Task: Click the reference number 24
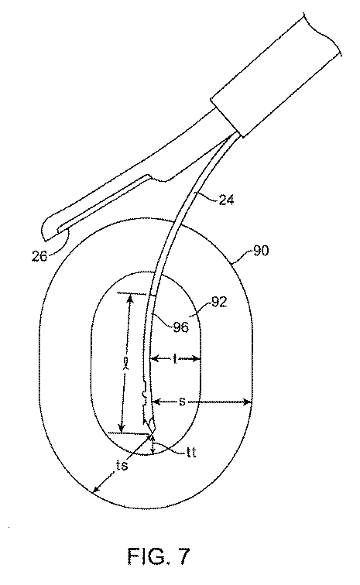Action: pyautogui.click(x=227, y=200)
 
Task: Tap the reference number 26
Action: pyautogui.click(x=39, y=256)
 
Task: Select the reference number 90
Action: pyautogui.click(x=261, y=251)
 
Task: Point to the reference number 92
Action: pyautogui.click(x=219, y=302)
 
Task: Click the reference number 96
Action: pyautogui.click(x=180, y=327)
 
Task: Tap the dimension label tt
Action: pyautogui.click(x=191, y=453)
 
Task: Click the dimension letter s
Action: pyautogui.click(x=182, y=402)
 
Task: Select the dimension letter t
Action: pyautogui.click(x=175, y=359)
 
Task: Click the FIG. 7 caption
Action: pyautogui.click(x=159, y=556)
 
